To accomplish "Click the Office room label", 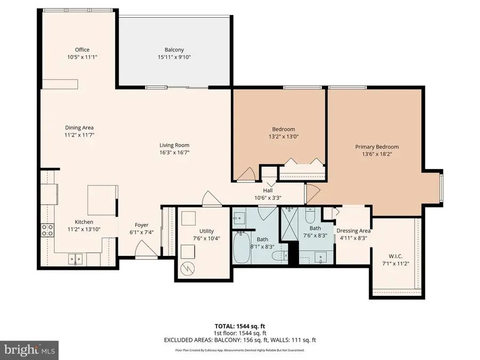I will tap(82, 50).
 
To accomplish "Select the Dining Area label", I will tap(79, 127).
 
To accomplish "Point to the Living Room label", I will tap(174, 145).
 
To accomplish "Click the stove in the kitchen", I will tap(47, 230).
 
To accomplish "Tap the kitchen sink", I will tap(74, 259).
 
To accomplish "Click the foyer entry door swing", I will tap(143, 248).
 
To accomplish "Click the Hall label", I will tap(268, 190).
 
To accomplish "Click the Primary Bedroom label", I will tap(377, 147).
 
